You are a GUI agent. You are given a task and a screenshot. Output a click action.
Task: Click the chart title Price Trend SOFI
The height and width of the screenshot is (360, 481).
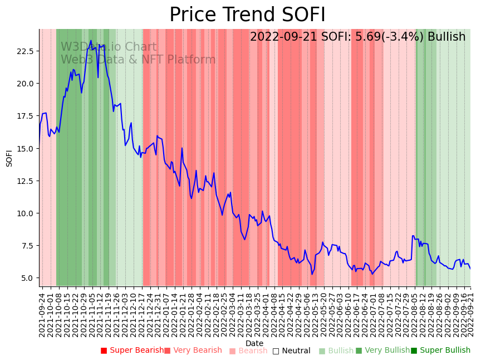pos(247,15)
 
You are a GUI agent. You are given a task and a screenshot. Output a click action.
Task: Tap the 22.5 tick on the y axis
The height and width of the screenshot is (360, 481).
pos(25,51)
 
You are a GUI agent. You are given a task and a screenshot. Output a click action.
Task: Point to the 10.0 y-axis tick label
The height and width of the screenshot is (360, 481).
pos(25,213)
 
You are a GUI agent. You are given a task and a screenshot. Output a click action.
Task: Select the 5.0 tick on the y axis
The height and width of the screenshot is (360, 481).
pos(27,278)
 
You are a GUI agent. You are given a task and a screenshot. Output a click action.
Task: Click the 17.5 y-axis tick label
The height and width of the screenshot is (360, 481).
pos(25,116)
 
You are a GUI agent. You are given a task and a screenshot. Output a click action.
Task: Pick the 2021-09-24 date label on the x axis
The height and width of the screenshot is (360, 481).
pos(42,313)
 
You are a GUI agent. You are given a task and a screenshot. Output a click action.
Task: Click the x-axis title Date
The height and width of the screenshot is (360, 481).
pos(254,343)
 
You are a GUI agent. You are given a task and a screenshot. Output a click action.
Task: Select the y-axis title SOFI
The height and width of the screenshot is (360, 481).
pos(9,158)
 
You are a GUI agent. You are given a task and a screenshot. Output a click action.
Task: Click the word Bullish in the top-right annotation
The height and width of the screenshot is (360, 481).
pos(445,37)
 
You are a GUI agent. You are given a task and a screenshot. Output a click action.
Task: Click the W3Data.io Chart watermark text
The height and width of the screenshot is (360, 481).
pos(109,47)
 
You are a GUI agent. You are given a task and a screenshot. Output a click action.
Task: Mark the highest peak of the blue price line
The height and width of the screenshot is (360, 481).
pos(91,41)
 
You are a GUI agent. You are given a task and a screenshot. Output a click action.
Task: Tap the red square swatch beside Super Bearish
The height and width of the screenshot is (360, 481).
pos(104,351)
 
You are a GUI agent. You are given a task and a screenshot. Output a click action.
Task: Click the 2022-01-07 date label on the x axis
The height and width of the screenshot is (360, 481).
pos(166,313)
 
